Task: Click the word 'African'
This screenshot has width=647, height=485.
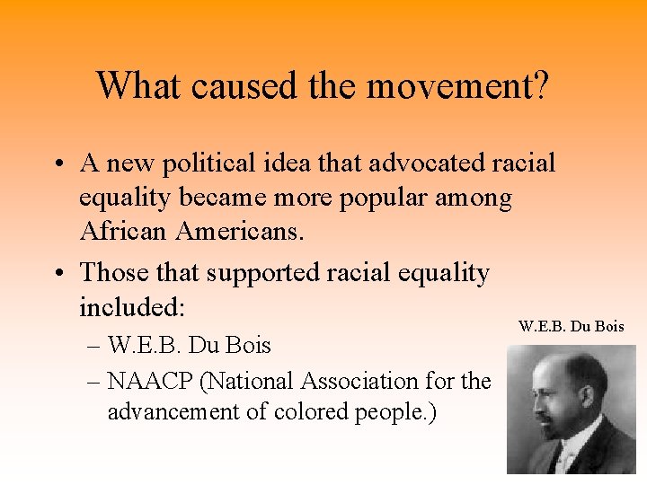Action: [125, 232]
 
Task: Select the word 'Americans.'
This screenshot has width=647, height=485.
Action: [241, 232]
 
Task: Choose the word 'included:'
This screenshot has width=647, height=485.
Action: [132, 307]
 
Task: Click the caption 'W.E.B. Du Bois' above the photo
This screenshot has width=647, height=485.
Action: [571, 326]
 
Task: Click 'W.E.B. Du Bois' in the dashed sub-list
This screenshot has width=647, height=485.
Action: [190, 345]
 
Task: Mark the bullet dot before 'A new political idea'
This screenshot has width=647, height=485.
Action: [57, 165]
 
